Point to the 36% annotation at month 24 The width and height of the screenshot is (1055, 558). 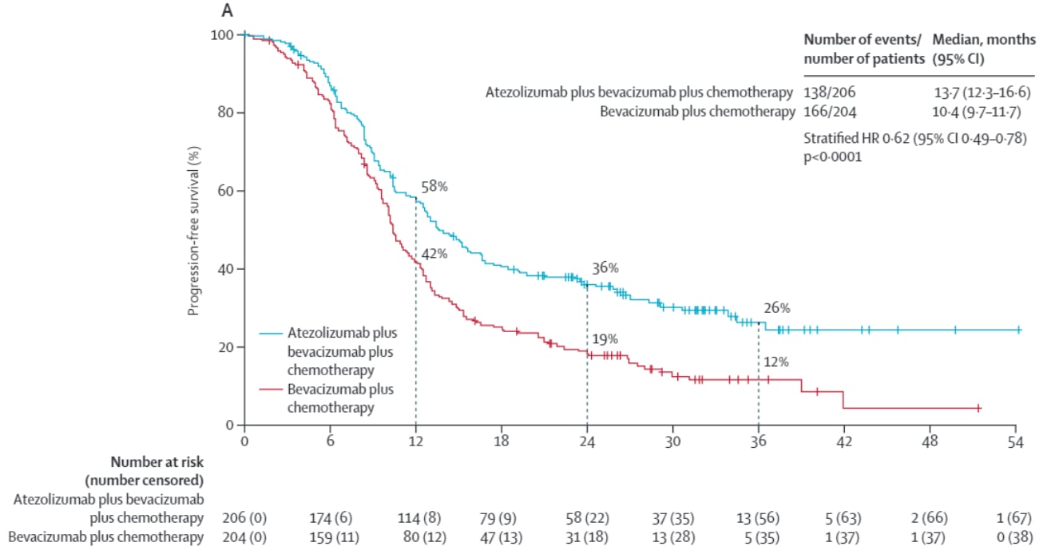point(605,267)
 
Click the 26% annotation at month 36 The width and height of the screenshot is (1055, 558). point(776,307)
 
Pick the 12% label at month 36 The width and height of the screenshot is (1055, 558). point(776,362)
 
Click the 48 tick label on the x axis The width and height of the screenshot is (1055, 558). point(930,440)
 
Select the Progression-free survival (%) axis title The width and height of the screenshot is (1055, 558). point(193,231)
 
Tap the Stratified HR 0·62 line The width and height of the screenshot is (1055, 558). point(914,138)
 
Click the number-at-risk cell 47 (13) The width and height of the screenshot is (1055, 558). point(501,537)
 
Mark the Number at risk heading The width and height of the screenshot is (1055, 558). point(157,461)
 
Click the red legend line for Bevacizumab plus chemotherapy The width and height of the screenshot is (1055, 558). point(272,389)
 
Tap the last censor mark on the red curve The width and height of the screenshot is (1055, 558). point(978,408)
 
